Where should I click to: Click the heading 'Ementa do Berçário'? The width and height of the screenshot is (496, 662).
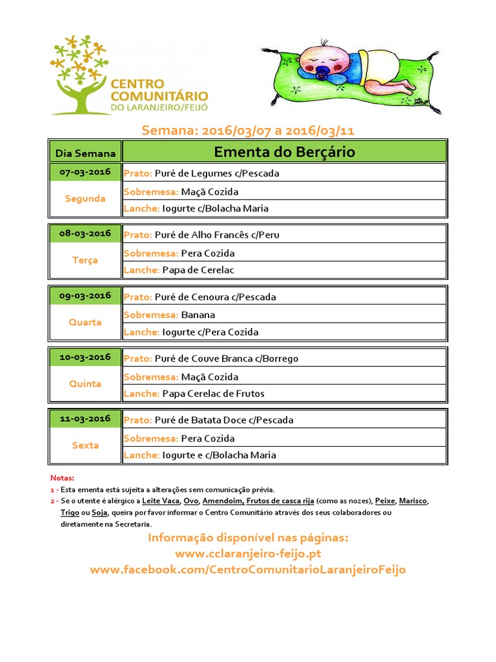(284, 152)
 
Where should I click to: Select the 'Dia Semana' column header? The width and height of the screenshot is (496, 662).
(85, 153)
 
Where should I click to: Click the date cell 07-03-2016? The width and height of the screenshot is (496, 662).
(85, 172)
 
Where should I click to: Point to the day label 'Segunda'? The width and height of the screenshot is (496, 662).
(85, 198)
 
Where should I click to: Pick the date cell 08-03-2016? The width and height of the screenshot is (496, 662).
(85, 233)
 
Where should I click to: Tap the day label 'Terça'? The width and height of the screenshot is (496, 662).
(85, 260)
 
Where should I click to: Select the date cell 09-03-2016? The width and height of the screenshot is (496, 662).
(85, 295)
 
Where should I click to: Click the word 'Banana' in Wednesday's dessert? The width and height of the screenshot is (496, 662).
(198, 315)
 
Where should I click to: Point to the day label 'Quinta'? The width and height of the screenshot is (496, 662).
(85, 383)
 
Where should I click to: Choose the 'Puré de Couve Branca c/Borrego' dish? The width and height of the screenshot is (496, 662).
(227, 358)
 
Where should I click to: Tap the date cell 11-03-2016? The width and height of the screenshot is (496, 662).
(85, 418)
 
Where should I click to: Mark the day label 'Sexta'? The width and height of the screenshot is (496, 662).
(85, 445)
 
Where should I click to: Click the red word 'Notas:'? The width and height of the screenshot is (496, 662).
(62, 478)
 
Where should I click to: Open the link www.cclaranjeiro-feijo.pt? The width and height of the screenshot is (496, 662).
(248, 554)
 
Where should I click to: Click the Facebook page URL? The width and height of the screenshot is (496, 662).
(248, 570)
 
